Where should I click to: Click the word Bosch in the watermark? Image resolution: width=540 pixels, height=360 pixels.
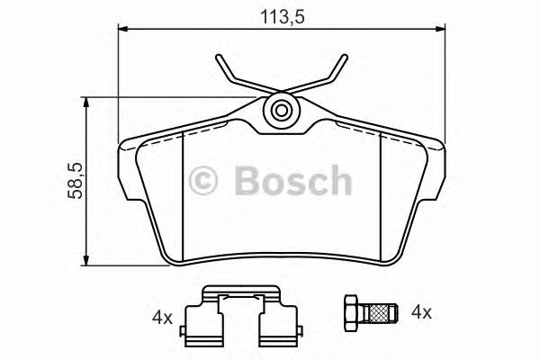tap(291, 180)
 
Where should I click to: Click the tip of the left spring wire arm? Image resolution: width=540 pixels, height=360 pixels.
tap(219, 58)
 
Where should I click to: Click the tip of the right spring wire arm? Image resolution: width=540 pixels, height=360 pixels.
tap(346, 58)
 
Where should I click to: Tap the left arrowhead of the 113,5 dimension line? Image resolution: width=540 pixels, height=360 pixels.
tap(125, 31)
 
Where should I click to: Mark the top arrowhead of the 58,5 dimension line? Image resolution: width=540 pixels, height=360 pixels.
tap(87, 105)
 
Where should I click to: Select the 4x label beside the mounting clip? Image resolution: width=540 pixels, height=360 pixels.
tap(162, 317)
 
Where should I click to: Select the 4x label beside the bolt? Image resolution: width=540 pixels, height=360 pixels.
tap(421, 312)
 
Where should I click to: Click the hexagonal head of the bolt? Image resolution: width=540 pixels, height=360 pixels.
tap(351, 313)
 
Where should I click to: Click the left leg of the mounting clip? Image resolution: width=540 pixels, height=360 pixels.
tap(196, 326)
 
